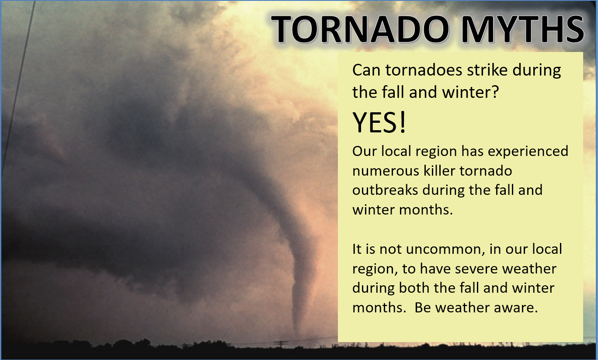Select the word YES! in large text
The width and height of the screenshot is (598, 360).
pyautogui.click(x=379, y=122)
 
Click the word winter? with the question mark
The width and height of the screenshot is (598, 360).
pyautogui.click(x=470, y=92)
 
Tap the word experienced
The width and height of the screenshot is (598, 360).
pyautogui.click(x=528, y=152)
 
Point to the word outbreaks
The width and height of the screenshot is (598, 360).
pyautogui.click(x=385, y=190)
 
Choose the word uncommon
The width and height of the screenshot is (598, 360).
pyautogui.click(x=445, y=249)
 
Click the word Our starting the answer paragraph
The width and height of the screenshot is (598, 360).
pyautogui.click(x=365, y=151)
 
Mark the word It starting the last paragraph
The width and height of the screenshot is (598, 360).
pyautogui.click(x=357, y=249)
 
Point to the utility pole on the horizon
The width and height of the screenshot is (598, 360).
pyautogui.click(x=281, y=344)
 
